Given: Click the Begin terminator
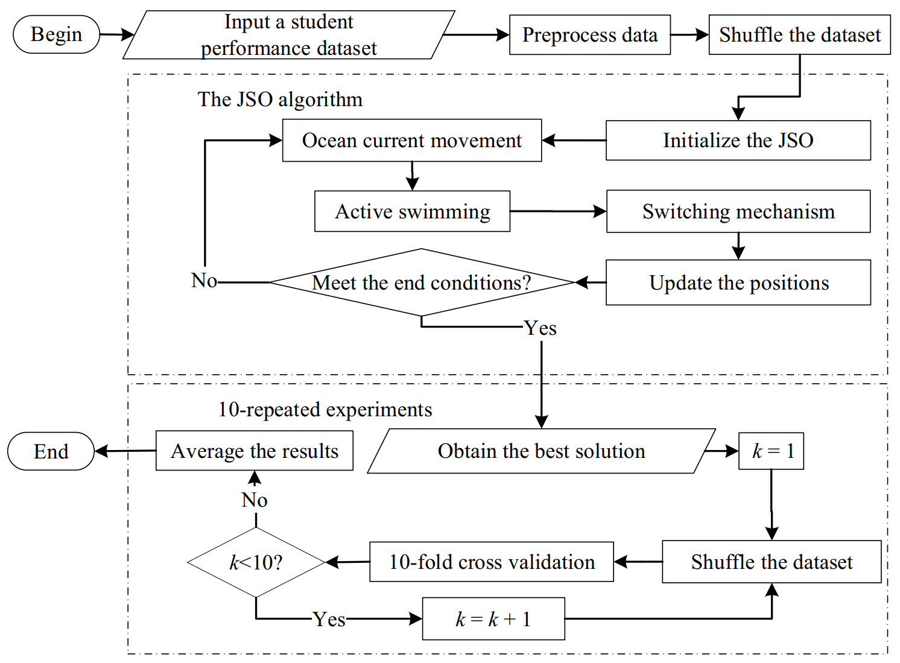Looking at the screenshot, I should pos(56,34).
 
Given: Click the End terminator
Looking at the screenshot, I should pos(51,451).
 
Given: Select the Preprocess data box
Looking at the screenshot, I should pos(589,35).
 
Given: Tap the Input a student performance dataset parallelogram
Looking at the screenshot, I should pos(288,35).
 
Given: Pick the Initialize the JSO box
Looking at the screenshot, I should pos(738,141).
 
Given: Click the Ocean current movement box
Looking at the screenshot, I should pos(411,141).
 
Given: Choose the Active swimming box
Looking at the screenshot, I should pos(412,212).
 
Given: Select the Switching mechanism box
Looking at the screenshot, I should pos(738,212).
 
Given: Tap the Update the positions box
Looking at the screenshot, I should pos(738,282).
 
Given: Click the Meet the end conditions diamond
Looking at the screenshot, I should pos(421,282).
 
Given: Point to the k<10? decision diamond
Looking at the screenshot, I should pos(256,562).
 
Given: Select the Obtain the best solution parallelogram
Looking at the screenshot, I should pos(541,451).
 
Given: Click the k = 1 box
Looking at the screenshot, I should pos(772,451).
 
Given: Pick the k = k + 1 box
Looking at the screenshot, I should pos(493,619).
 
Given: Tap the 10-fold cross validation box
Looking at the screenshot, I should pos(491,562).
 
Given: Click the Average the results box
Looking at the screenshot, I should pos(254,451).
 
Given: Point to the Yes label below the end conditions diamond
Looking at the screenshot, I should pos(540,328).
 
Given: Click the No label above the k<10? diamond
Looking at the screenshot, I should pos(254,500).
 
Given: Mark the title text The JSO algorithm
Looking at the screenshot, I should pos(280,100).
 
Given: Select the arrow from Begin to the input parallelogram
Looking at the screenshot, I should pos(116,34).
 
